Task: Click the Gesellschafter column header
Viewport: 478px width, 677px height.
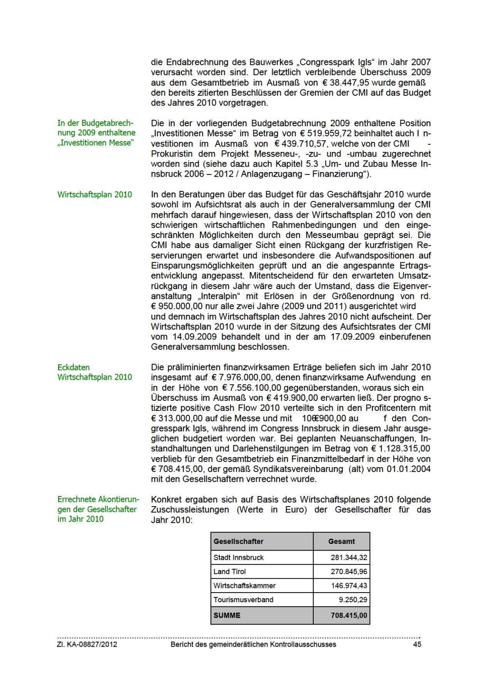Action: (x=238, y=541)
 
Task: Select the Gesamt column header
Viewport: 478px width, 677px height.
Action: (x=341, y=541)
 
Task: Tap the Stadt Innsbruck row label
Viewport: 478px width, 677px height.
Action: (x=239, y=557)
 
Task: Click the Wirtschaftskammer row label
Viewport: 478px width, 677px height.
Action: (x=244, y=586)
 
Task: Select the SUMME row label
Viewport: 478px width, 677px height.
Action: (x=227, y=615)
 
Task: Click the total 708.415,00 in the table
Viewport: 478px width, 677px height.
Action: (x=349, y=615)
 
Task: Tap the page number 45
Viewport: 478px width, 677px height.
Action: (x=417, y=645)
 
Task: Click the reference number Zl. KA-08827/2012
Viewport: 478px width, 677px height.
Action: (x=87, y=645)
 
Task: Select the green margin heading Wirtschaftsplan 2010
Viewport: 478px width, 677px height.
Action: (x=94, y=194)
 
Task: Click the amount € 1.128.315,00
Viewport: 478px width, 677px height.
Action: (x=401, y=449)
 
